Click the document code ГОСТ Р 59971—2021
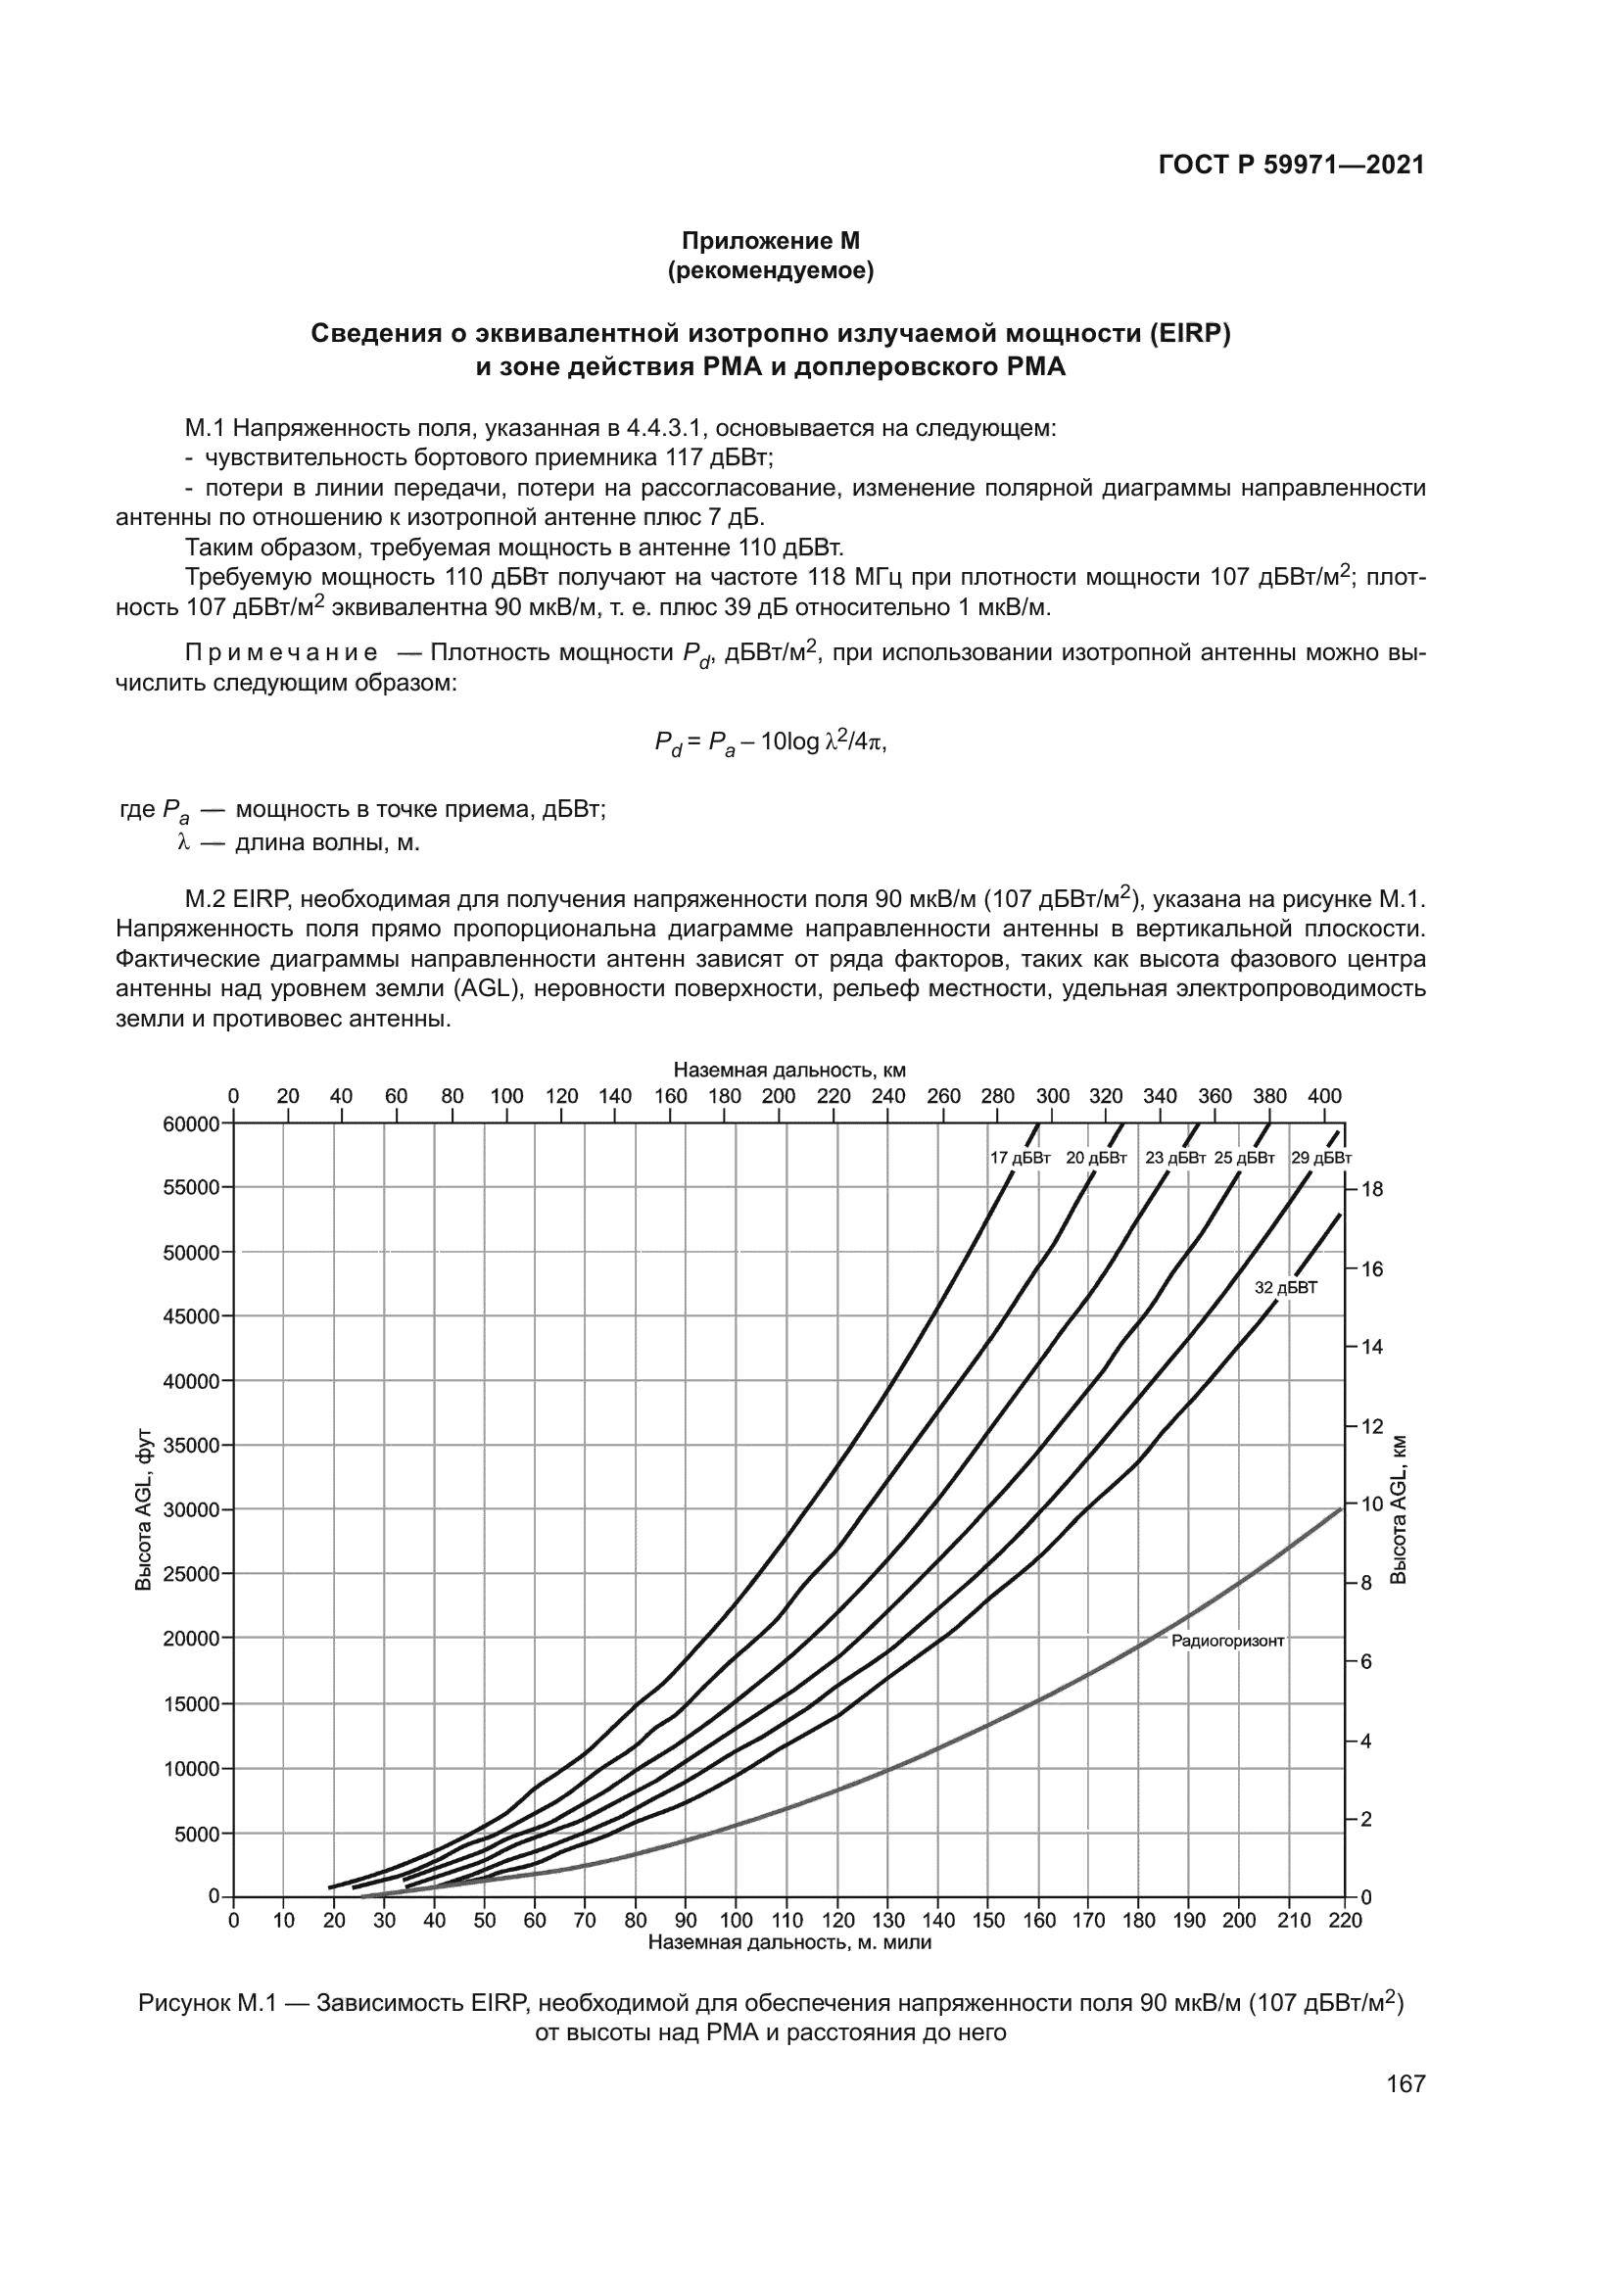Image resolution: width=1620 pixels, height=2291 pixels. pyautogui.click(x=1291, y=166)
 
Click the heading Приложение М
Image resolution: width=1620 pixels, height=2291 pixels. pyautogui.click(x=770, y=241)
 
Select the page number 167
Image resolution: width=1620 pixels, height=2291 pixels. pyautogui.click(x=1406, y=2083)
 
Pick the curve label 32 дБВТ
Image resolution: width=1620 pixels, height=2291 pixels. pyautogui.click(x=1286, y=1288)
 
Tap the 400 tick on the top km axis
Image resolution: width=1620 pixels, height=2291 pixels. pyautogui.click(x=1325, y=1096)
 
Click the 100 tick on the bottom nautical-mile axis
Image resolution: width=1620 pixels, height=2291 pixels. pyautogui.click(x=737, y=1921)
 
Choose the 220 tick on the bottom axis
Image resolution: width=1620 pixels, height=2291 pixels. pyautogui.click(x=1345, y=1921)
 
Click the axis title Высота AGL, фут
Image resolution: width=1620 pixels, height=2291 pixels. pyautogui.click(x=144, y=1509)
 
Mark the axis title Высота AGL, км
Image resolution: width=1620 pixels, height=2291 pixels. pyautogui.click(x=1400, y=1509)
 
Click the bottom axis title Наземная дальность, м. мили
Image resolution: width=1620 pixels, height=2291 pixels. pyautogui.click(x=789, y=1942)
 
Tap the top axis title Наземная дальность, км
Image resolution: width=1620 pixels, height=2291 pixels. pyautogui.click(x=789, y=1071)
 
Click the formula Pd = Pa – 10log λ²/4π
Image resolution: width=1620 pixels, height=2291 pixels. pyautogui.click(x=770, y=742)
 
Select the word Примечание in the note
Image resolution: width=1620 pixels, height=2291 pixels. pyautogui.click(x=282, y=653)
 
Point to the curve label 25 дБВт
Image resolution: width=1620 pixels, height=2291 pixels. pyautogui.click(x=1245, y=1159)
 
